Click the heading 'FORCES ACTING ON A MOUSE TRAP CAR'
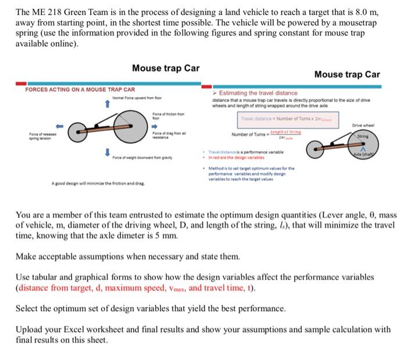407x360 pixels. pyautogui.click(x=80, y=90)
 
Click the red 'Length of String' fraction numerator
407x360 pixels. pyautogui.click(x=289, y=133)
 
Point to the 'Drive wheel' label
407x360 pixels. pyautogui.click(x=370, y=124)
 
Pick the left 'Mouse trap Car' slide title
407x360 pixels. pyautogui.click(x=166, y=68)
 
